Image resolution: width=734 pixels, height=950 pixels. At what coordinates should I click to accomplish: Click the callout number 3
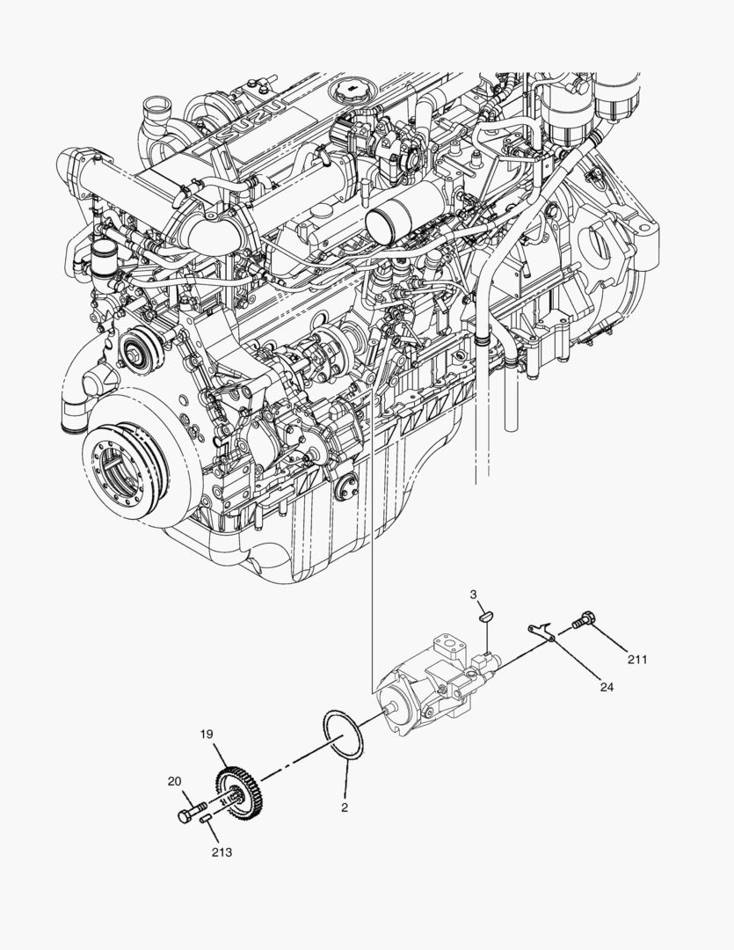click(474, 596)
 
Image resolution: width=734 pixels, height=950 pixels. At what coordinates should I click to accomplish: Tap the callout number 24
click(607, 688)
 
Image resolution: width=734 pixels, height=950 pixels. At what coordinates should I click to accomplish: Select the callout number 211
click(637, 659)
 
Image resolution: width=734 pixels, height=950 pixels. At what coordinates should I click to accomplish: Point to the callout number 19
click(207, 734)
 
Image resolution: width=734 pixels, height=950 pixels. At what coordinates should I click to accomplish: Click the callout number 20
click(175, 780)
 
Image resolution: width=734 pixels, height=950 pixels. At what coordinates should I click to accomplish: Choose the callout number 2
click(345, 807)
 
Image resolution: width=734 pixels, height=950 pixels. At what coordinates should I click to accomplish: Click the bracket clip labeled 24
click(540, 629)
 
